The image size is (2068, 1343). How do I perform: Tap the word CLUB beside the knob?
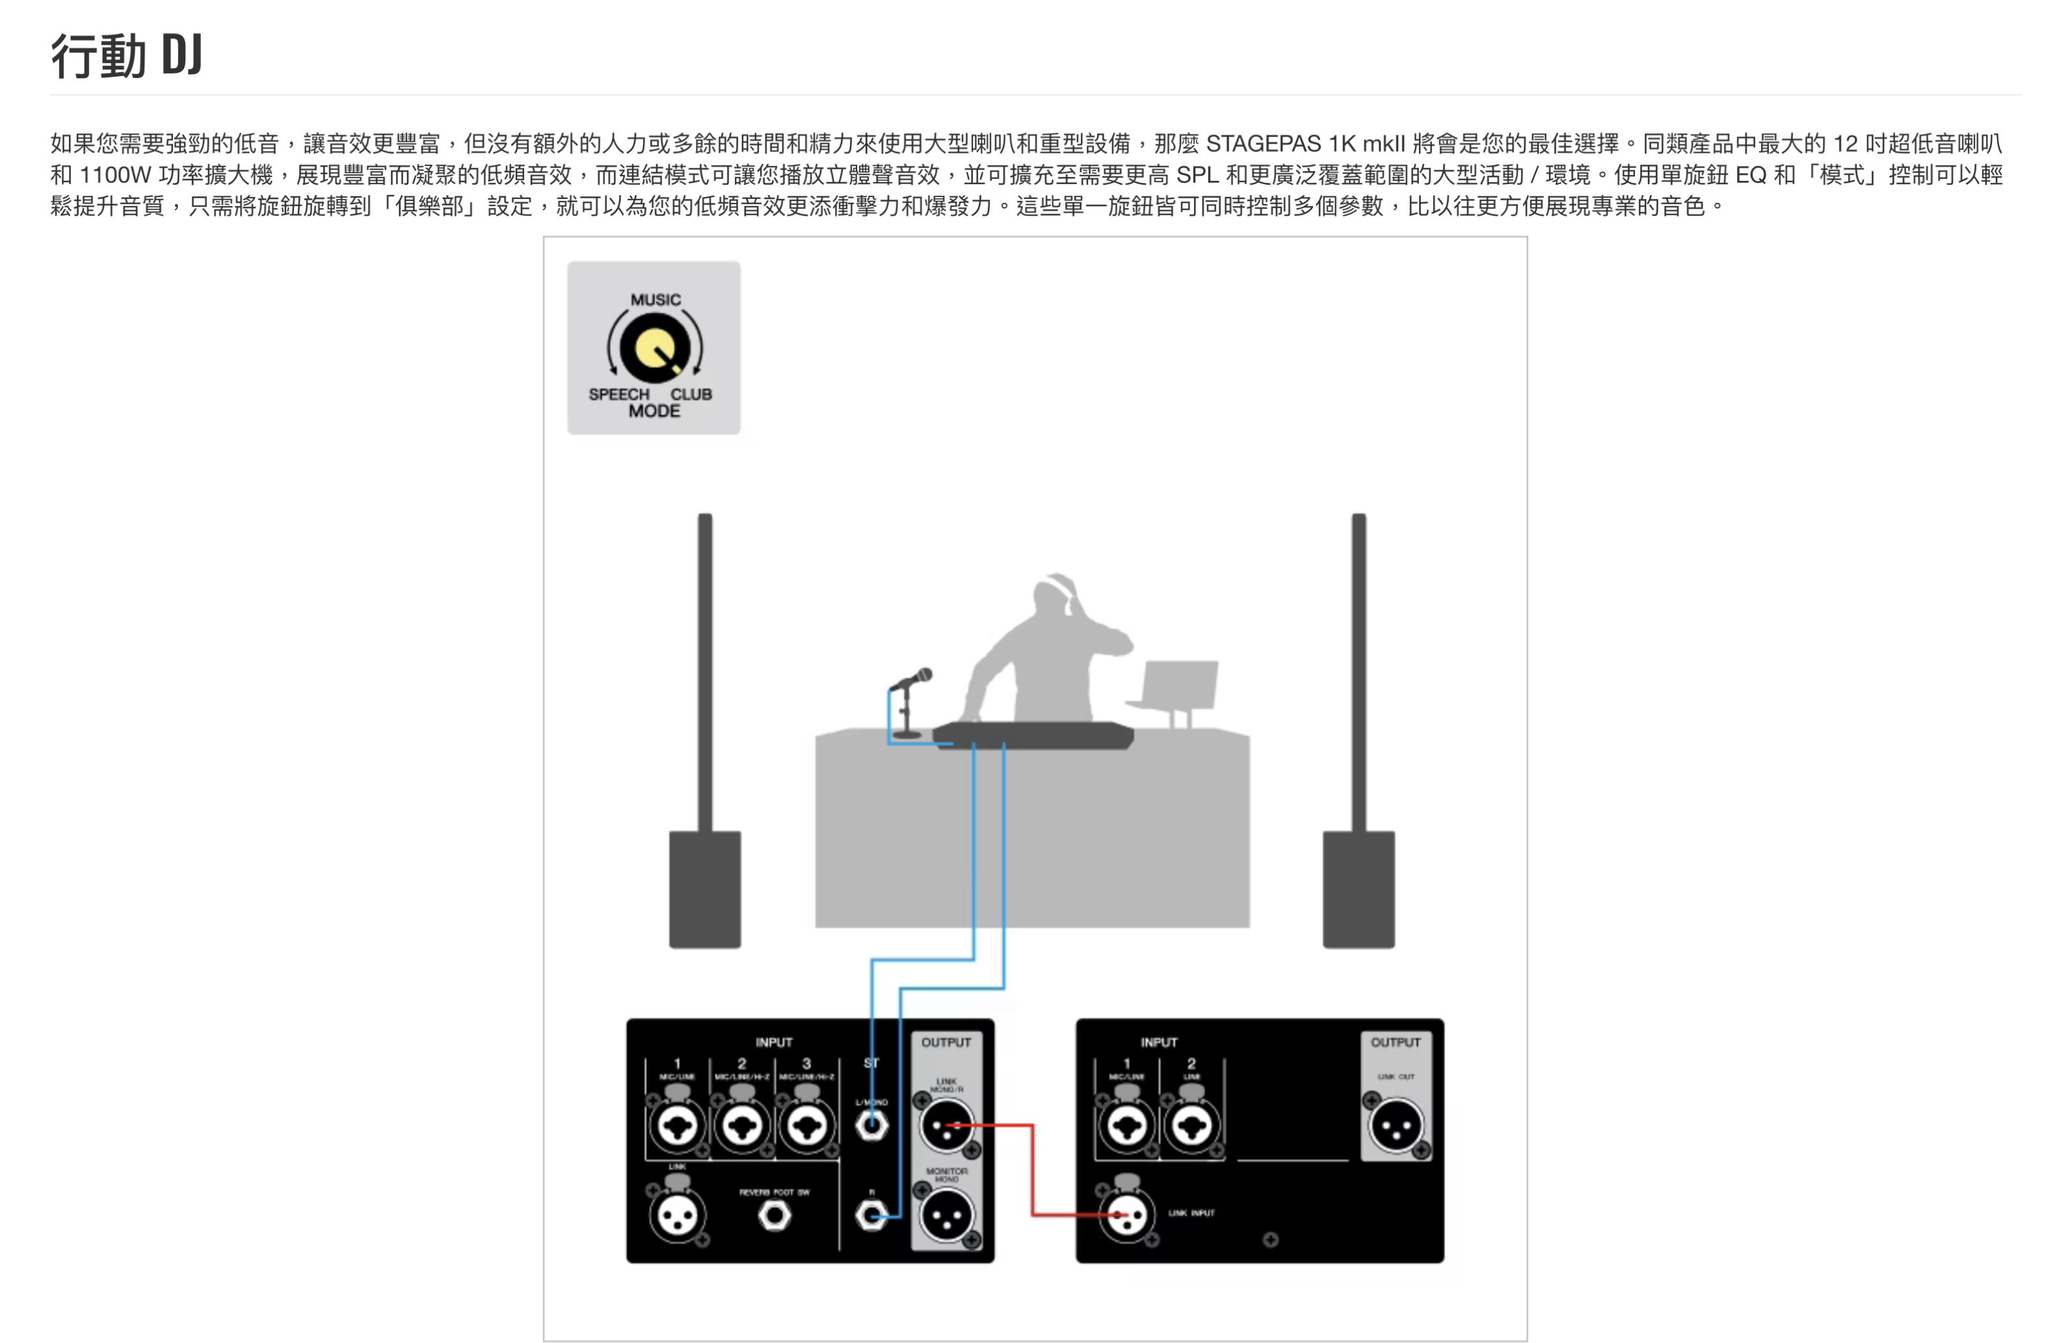691,394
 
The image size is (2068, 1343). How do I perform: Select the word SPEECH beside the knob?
618,394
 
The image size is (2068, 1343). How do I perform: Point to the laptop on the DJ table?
1177,686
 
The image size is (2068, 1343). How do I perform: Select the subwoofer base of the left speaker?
705,888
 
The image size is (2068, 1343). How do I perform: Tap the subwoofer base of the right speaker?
1358,888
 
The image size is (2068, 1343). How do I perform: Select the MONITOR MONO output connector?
946,1214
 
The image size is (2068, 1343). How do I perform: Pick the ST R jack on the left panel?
871,1214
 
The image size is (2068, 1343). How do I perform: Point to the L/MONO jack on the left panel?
871,1126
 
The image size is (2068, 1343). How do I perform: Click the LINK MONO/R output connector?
946,1126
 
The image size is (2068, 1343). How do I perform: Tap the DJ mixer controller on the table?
1034,735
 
